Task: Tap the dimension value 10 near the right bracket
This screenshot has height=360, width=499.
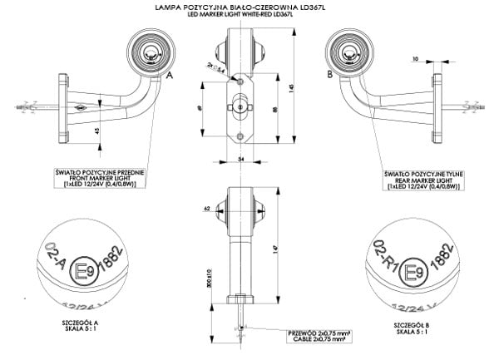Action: [x=414, y=59]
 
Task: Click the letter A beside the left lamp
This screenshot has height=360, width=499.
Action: [x=170, y=75]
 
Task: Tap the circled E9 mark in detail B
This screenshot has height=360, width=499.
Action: [x=410, y=272]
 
